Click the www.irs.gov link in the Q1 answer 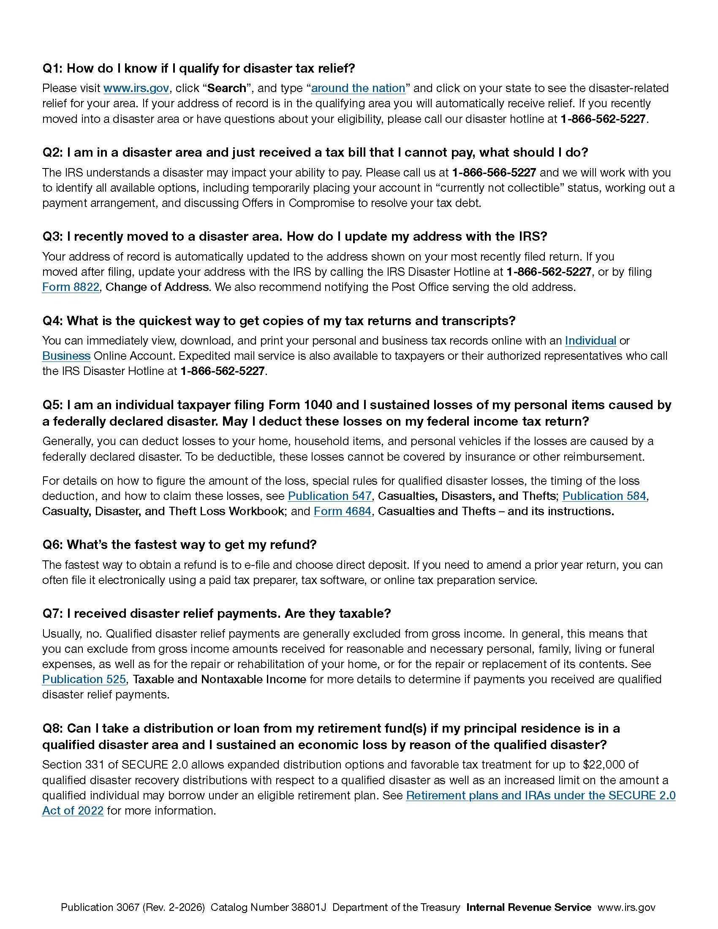tap(136, 88)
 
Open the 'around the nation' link tap(358, 88)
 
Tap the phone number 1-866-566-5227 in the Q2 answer tap(493, 172)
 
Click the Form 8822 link tap(71, 287)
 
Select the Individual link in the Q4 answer tap(590, 340)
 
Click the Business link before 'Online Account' tap(66, 356)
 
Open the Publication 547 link tap(330, 496)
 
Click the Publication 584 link tap(604, 496)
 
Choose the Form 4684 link tap(343, 511)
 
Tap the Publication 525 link tap(84, 679)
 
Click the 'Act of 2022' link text tap(73, 811)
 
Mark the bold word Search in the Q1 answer tap(227, 88)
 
